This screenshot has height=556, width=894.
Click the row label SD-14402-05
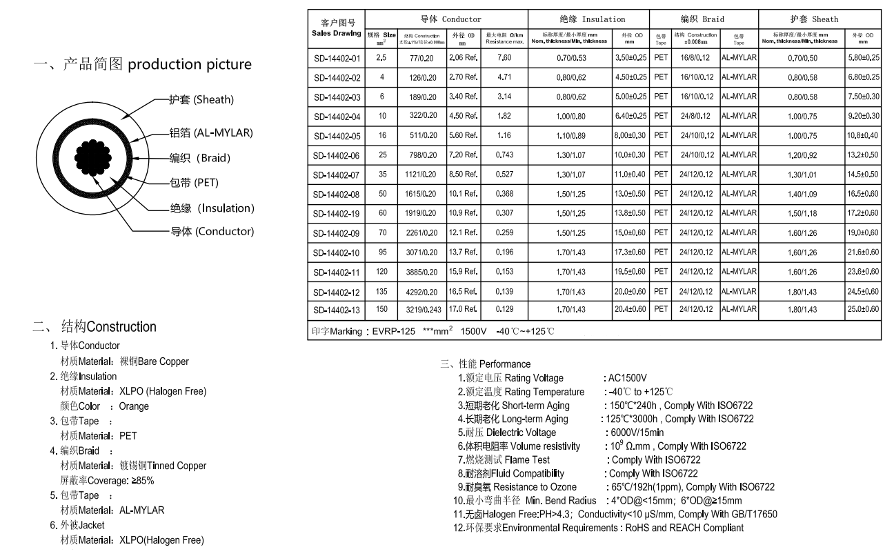point(337,136)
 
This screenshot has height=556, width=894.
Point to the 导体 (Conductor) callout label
point(212,231)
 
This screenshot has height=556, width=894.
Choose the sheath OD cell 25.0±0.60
point(862,308)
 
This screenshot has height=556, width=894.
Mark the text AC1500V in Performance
point(626,378)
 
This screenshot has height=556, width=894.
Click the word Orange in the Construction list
point(134,406)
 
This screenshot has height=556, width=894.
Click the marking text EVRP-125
point(395,332)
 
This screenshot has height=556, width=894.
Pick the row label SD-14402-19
point(337,213)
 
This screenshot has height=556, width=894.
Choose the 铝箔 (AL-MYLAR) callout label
point(210,132)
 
